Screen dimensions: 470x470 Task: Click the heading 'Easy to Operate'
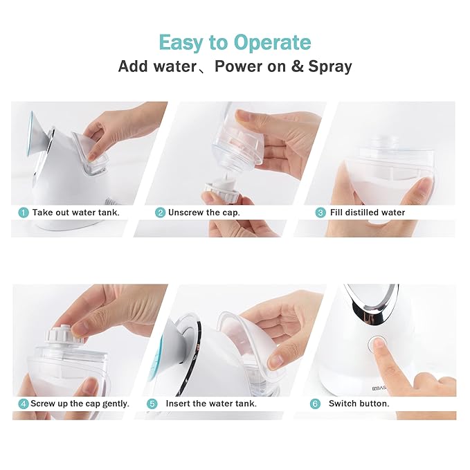click(235, 42)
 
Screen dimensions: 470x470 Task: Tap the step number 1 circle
click(24, 213)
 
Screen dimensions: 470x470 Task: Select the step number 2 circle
click(160, 213)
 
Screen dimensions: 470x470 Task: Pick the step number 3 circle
click(320, 213)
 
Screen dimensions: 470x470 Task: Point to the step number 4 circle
click(24, 403)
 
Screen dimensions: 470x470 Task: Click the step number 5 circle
click(152, 403)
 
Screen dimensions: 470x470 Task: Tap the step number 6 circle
click(315, 403)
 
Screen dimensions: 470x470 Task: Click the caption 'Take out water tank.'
click(75, 213)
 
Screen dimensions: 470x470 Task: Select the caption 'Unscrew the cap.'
click(204, 213)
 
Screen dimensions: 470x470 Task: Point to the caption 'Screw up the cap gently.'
click(80, 403)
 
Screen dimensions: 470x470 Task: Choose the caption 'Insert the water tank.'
click(211, 403)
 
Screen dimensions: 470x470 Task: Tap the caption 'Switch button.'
click(359, 403)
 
